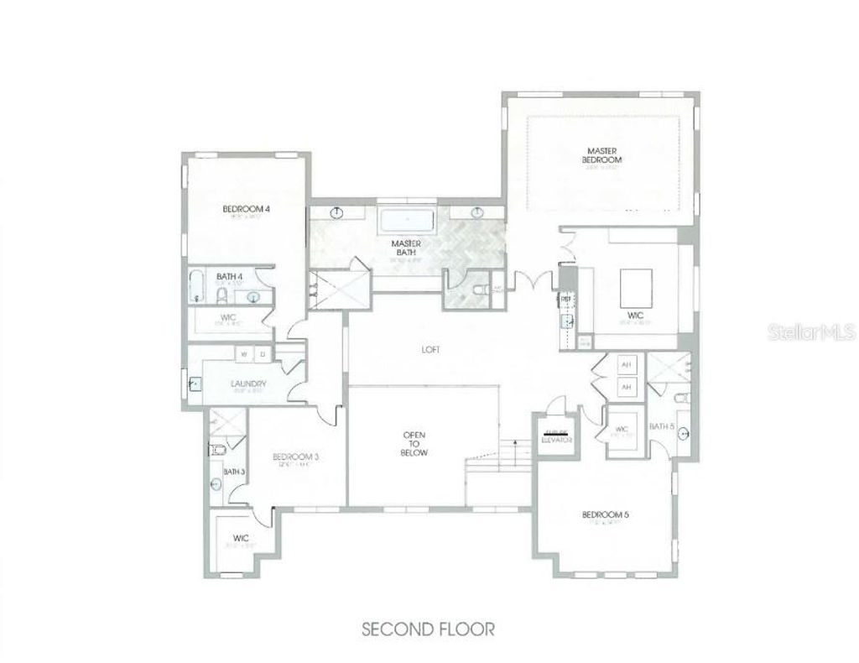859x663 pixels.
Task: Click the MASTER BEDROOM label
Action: point(603,155)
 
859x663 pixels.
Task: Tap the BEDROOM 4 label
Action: point(246,209)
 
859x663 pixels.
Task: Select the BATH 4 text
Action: point(229,276)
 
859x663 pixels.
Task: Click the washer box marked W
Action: point(244,354)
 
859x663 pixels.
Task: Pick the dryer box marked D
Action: point(262,354)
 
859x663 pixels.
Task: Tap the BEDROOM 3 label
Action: point(295,457)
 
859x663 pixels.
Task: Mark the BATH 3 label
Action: point(233,472)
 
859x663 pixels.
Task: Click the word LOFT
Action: point(432,350)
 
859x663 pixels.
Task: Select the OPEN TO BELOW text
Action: point(414,444)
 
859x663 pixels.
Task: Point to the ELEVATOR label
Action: point(556,437)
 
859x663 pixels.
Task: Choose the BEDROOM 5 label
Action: point(605,514)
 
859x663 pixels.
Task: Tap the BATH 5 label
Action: point(661,426)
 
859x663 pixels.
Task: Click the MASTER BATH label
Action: point(406,248)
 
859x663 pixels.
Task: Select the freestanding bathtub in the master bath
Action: point(406,222)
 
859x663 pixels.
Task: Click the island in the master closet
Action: point(635,289)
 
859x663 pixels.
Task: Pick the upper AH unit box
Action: point(625,366)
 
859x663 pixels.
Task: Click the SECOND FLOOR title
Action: point(429,628)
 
